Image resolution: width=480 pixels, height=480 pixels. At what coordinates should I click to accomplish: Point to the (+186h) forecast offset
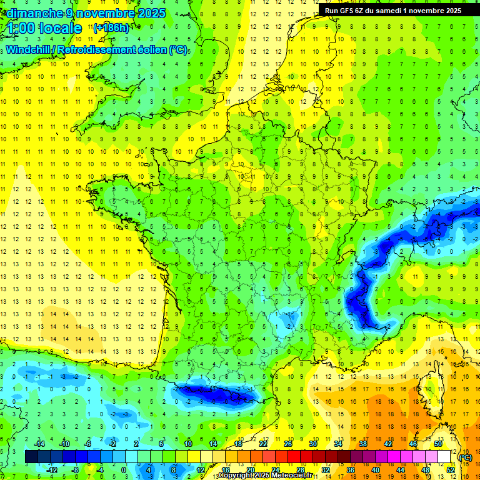pyautogui.click(x=111, y=28)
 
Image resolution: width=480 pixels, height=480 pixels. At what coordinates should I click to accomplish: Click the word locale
pyautogui.click(x=60, y=29)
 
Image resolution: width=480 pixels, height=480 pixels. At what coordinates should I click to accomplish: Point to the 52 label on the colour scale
pyautogui.click(x=450, y=469)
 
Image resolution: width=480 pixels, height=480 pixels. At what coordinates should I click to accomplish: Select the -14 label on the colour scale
pyautogui.click(x=40, y=443)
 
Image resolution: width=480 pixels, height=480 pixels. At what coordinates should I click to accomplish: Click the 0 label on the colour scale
pyautogui.click(x=124, y=469)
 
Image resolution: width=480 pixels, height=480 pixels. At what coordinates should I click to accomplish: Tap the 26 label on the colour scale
pyautogui.click(x=287, y=443)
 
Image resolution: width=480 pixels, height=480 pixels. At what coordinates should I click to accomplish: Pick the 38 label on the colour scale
pyautogui.click(x=362, y=443)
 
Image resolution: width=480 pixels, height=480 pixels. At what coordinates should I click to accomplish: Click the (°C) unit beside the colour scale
pyautogui.click(x=465, y=457)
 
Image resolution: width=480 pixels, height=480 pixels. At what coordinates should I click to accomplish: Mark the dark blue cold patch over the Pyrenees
pyautogui.click(x=216, y=394)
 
